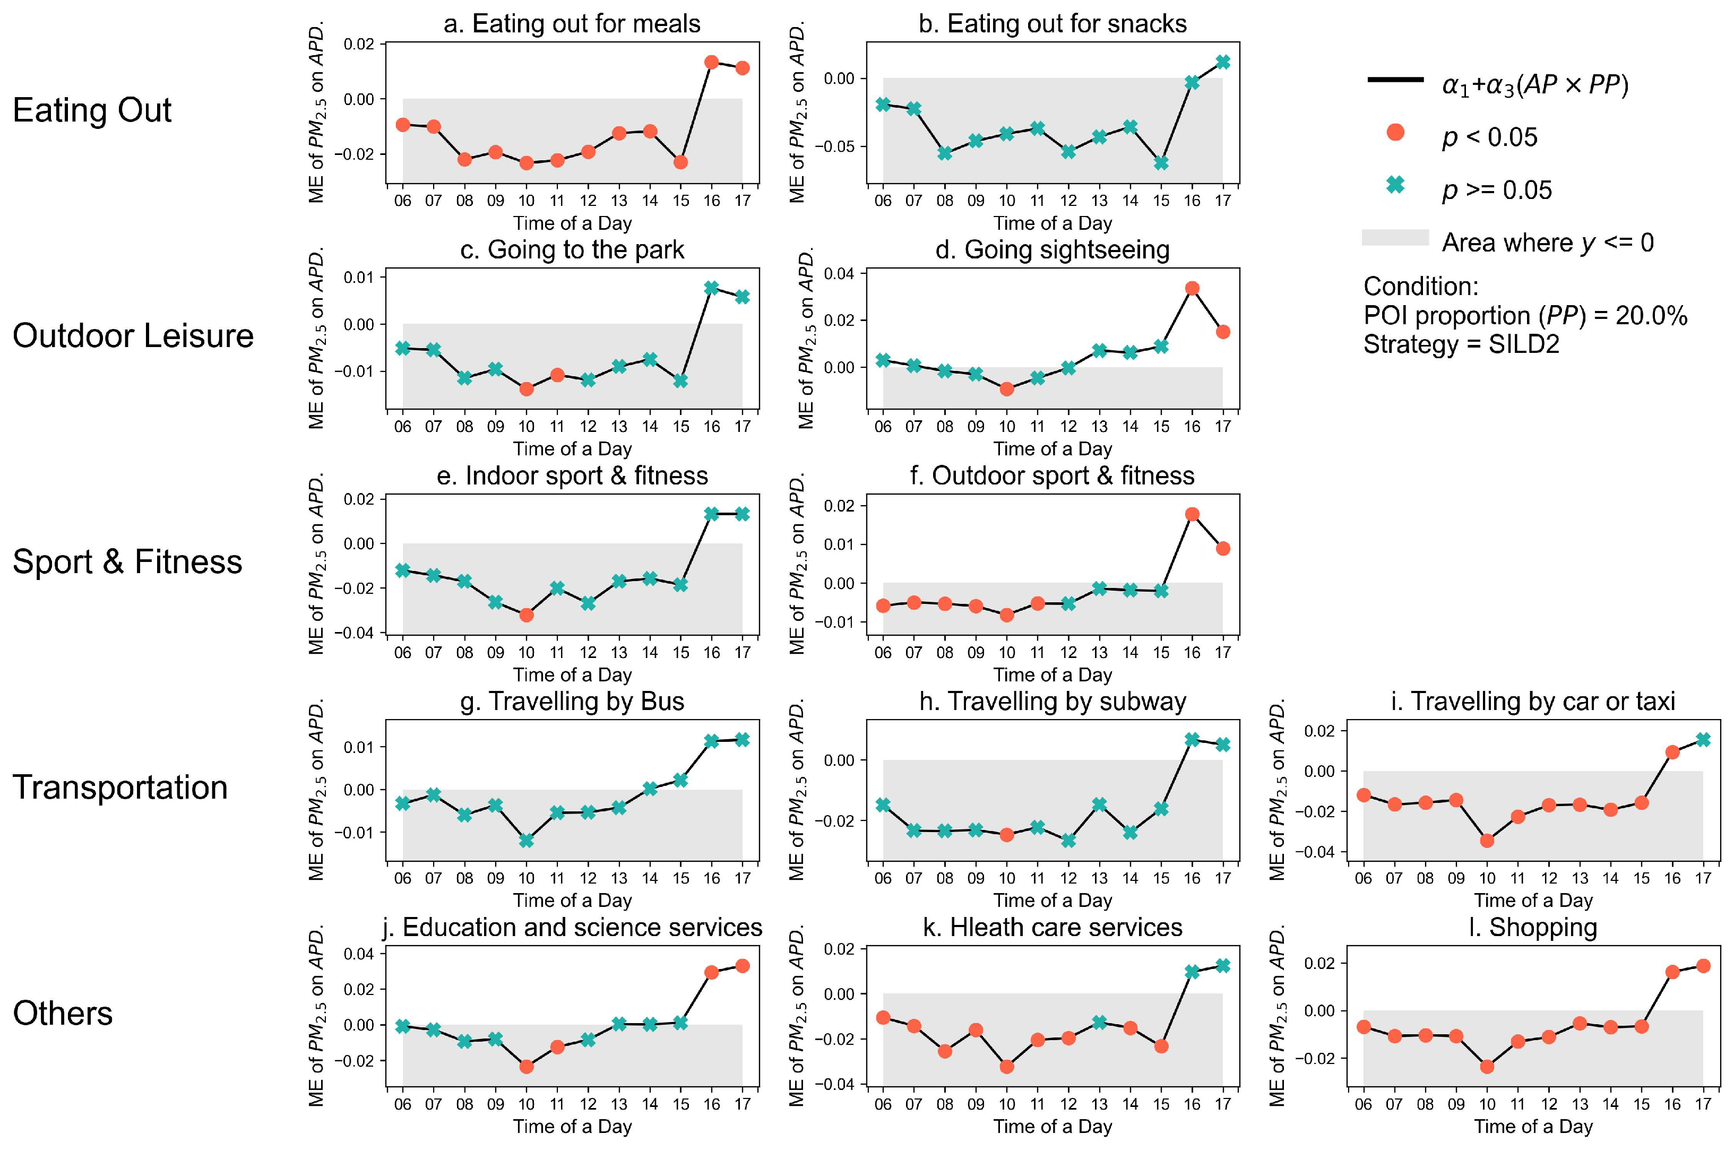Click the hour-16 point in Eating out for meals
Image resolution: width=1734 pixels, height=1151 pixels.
pyautogui.click(x=711, y=63)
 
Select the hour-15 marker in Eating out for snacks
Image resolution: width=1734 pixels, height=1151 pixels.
pyautogui.click(x=1161, y=163)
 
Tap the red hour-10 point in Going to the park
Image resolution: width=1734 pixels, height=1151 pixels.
pyautogui.click(x=527, y=389)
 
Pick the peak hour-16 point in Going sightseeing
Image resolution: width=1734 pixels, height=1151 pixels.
pyautogui.click(x=1192, y=289)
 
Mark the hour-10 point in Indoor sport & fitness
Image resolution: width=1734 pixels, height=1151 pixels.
pyautogui.click(x=527, y=615)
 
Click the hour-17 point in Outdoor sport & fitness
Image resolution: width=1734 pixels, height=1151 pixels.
pyautogui.click(x=1223, y=548)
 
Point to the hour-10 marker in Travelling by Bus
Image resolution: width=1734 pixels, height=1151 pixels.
pyautogui.click(x=527, y=841)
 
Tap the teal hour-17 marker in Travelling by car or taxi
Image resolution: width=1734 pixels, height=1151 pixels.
pyautogui.click(x=1703, y=740)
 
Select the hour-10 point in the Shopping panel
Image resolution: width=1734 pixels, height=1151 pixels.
pyautogui.click(x=1487, y=1067)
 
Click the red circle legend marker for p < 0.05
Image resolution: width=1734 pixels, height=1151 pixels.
pyautogui.click(x=1395, y=133)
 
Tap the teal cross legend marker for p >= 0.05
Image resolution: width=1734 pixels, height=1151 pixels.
pyautogui.click(x=1395, y=186)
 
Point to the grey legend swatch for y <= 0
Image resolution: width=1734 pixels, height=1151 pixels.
pyautogui.click(x=1395, y=238)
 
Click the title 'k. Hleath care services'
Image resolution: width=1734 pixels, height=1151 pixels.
pyautogui.click(x=1052, y=928)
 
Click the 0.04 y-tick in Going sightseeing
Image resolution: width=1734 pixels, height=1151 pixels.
pyautogui.click(x=839, y=274)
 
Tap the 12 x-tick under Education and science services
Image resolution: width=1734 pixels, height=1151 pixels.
pyautogui.click(x=588, y=1104)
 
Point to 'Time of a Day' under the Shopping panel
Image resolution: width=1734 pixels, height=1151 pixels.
pyautogui.click(x=1533, y=1126)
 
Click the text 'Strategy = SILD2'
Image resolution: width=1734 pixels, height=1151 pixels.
pyautogui.click(x=1461, y=344)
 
